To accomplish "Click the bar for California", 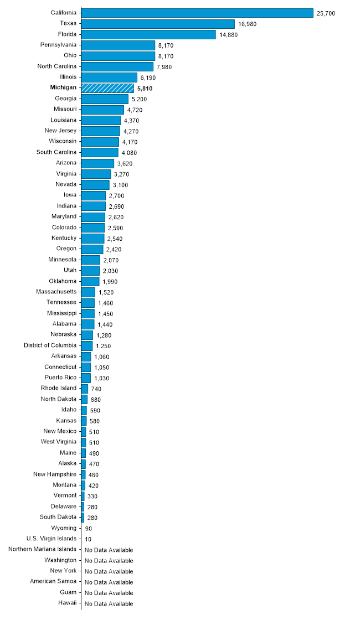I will point(197,13).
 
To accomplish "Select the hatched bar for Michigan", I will point(107,88).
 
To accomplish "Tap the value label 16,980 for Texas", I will point(247,24).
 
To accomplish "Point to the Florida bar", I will point(148,34).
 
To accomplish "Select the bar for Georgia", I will point(105,99).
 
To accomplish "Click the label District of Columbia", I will point(50,345).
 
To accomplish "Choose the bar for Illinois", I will point(109,77).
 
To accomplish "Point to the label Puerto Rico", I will point(60,378).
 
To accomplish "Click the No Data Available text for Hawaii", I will point(109,604).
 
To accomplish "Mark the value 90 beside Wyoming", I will point(89,529).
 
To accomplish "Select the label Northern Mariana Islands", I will point(43,549).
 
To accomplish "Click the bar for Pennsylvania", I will point(118,45).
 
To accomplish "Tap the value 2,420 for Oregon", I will point(115,249).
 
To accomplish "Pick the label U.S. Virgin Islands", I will point(52,538).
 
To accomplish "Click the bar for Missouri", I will point(102,110).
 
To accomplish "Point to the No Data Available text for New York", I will point(109,571).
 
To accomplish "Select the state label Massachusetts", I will point(56,292).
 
